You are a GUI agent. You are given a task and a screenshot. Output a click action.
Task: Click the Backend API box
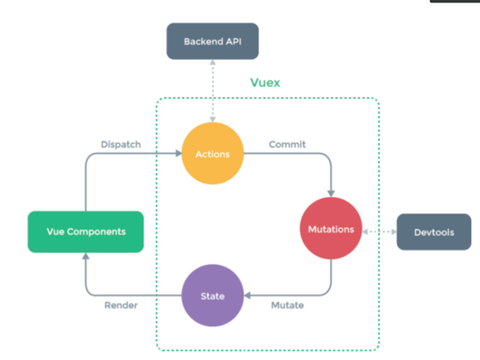pos(212,41)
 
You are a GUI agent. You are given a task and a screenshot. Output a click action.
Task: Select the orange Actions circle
pos(212,154)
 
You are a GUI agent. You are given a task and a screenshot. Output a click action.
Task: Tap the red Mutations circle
pos(331,229)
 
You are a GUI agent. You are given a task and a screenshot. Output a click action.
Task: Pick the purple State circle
pos(212,295)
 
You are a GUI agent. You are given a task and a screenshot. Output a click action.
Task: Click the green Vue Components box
pos(86,232)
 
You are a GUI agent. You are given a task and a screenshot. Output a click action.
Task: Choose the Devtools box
pos(434,232)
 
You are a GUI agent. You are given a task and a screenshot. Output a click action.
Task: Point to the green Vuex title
pos(265,82)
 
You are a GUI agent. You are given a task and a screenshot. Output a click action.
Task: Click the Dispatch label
pos(121,144)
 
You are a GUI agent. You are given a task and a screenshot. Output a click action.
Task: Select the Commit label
pos(287,144)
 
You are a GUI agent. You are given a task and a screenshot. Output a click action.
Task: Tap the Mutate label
pos(287,305)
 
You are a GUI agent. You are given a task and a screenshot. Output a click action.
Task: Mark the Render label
pos(121,305)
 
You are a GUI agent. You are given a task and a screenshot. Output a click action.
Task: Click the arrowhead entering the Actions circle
pos(178,153)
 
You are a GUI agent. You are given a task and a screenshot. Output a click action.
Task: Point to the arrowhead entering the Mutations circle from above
pos(331,193)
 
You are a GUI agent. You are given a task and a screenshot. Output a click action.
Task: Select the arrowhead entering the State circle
pos(247,295)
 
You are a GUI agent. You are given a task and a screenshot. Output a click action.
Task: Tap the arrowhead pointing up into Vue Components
pos(86,257)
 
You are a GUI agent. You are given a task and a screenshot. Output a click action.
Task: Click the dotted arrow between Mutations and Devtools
pos(379,232)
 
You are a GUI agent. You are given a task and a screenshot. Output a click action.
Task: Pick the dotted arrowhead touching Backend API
pos(212,63)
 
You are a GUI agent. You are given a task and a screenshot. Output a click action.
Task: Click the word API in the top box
pos(233,41)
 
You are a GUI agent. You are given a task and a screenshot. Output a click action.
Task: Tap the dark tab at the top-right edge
pos(455,1)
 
